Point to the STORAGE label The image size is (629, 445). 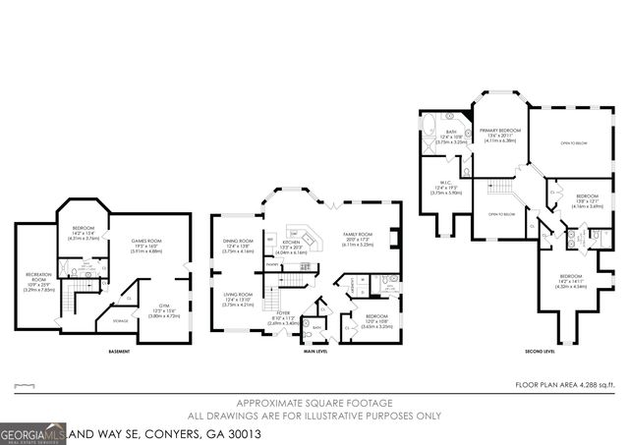click(x=120, y=320)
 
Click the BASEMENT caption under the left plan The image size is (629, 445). click(x=120, y=350)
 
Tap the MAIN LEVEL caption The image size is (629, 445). click(x=315, y=350)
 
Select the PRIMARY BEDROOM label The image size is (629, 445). click(x=500, y=130)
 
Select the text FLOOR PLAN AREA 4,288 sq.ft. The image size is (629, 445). click(x=571, y=385)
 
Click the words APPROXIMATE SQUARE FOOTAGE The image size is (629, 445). click(x=315, y=404)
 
